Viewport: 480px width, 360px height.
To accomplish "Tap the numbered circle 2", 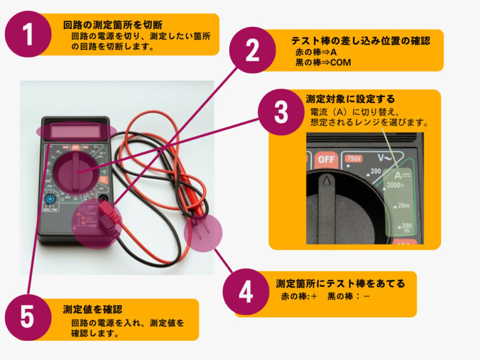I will click(252, 50).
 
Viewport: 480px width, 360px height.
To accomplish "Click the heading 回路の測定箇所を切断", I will click(112, 25).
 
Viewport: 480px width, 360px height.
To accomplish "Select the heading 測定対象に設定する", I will click(350, 99).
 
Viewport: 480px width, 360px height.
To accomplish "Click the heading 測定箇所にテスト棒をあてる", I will click(340, 283).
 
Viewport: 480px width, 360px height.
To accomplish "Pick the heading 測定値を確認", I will click(93, 309).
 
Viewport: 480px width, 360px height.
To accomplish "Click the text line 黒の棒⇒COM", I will click(323, 63).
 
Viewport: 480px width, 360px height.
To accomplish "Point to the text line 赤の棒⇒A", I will click(316, 52).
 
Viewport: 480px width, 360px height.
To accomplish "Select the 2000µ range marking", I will click(395, 185).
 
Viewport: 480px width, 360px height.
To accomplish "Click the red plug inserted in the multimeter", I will click(110, 219).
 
